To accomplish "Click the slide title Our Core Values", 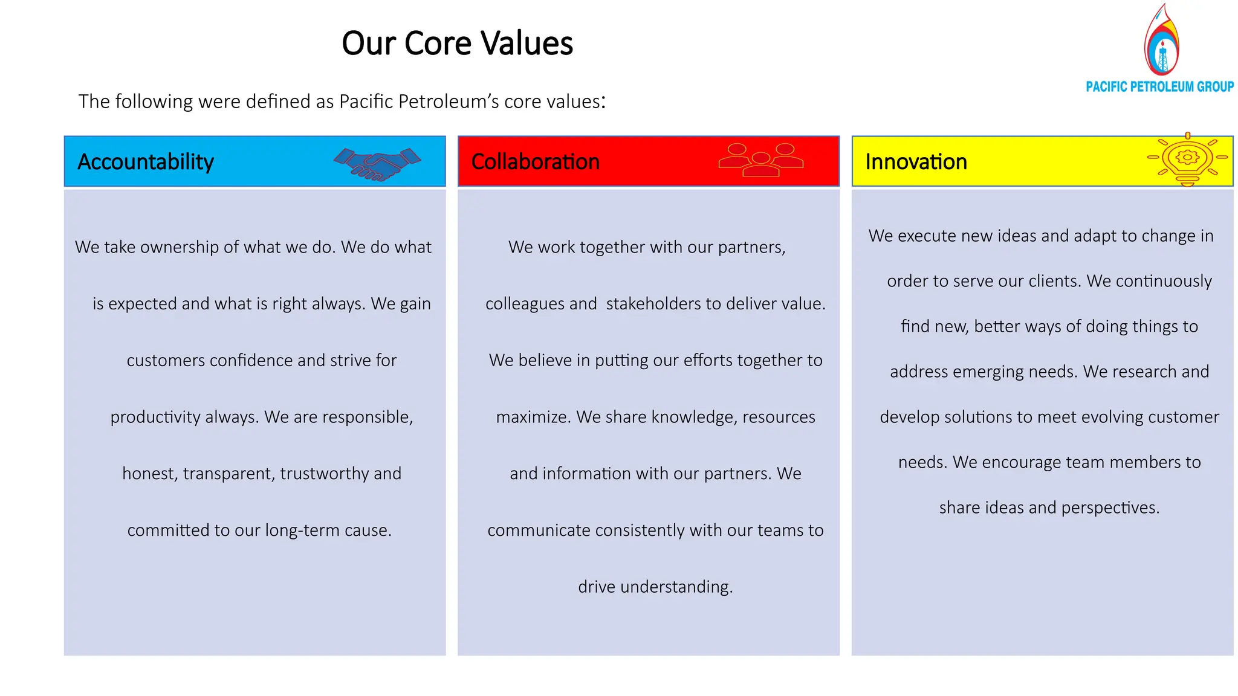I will click(457, 43).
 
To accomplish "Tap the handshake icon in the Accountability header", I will click(377, 164).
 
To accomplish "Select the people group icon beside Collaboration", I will click(760, 160).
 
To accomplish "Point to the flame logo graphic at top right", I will click(1161, 41).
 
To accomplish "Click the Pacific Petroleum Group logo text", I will click(1159, 87).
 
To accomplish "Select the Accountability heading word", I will click(146, 162).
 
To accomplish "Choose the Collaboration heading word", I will click(535, 162).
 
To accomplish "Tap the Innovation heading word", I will click(916, 162).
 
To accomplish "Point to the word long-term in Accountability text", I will click(302, 530).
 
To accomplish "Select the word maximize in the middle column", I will click(531, 417).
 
